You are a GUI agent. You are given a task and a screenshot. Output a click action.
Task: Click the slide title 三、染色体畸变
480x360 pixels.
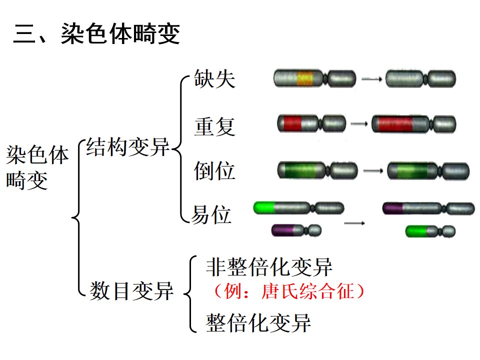(x=96, y=33)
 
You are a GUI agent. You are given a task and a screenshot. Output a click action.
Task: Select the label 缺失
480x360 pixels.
(x=214, y=78)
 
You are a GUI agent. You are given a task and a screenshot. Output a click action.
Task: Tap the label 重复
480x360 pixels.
(x=214, y=126)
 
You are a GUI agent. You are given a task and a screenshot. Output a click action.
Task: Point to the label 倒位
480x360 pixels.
(x=214, y=170)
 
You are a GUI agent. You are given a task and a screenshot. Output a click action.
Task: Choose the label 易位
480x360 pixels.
(x=211, y=214)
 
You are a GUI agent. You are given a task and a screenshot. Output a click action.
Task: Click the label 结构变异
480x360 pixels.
(x=127, y=146)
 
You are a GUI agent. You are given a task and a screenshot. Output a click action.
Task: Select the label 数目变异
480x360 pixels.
(x=131, y=291)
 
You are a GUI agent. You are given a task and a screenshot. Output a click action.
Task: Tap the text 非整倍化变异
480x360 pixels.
(x=269, y=267)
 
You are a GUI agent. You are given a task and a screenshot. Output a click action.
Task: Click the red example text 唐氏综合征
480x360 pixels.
(x=308, y=291)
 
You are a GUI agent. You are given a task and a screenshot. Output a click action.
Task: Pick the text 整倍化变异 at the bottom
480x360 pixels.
(x=258, y=322)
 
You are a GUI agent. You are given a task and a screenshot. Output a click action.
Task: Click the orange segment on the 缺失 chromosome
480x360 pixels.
(x=305, y=78)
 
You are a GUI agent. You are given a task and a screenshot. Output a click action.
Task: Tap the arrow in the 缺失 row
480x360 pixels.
(x=371, y=79)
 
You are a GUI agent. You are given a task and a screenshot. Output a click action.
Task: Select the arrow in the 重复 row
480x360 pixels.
(x=359, y=123)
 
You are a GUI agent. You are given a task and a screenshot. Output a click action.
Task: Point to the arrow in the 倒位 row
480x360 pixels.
(x=373, y=170)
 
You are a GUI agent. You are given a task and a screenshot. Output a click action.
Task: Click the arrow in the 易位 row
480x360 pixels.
(x=354, y=223)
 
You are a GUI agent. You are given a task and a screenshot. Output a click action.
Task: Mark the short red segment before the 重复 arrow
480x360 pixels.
(x=292, y=123)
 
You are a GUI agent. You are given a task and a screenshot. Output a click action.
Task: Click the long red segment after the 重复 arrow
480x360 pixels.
(x=395, y=124)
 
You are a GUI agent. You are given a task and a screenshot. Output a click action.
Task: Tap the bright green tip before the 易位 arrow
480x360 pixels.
(x=264, y=208)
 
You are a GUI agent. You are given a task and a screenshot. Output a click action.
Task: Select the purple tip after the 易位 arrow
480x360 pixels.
(x=393, y=208)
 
